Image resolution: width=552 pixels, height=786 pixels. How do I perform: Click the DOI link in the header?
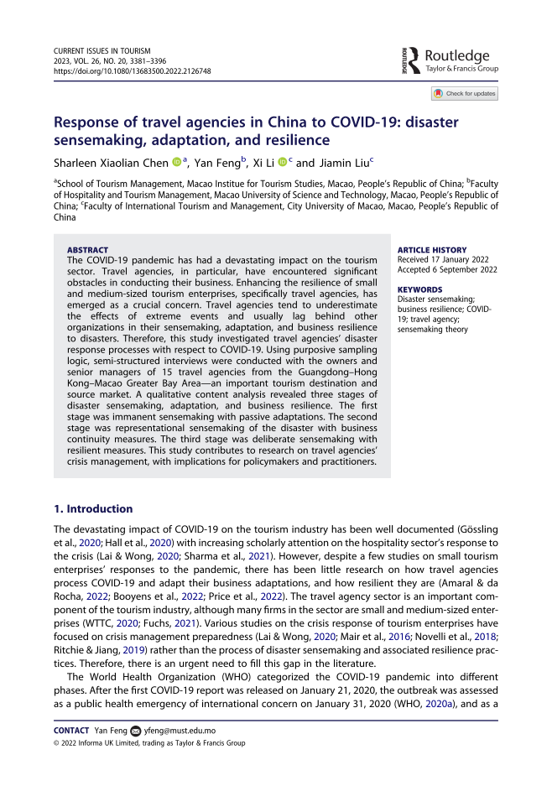coord(133,71)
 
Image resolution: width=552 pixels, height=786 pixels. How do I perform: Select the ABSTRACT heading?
coord(86,250)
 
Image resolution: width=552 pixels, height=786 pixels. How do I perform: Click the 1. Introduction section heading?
coord(93,508)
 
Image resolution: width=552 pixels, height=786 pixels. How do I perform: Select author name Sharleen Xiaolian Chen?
coord(111,162)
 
